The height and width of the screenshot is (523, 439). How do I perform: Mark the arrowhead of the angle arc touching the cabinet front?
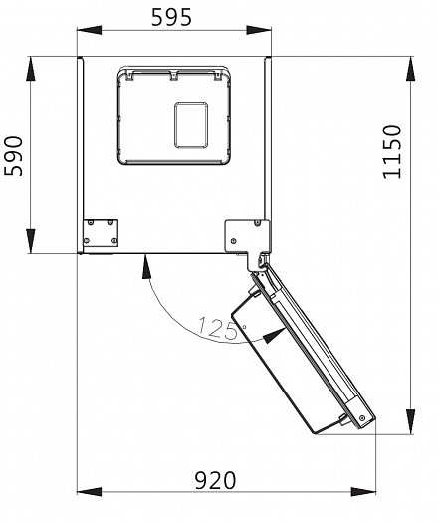(x=145, y=261)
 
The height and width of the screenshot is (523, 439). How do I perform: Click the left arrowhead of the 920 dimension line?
(x=84, y=491)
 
